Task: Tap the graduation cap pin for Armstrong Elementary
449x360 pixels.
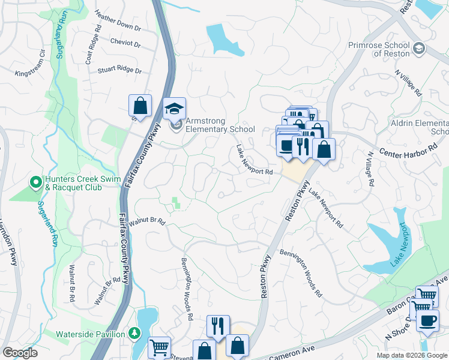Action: pyautogui.click(x=175, y=109)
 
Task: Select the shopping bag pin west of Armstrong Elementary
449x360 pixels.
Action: pyautogui.click(x=140, y=106)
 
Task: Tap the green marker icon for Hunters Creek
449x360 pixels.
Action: pyautogui.click(x=35, y=181)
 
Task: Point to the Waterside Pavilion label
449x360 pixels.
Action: pyautogui.click(x=91, y=334)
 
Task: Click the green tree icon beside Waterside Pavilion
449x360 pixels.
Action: pyautogui.click(x=134, y=334)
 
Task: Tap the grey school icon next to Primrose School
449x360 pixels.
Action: pyautogui.click(x=419, y=48)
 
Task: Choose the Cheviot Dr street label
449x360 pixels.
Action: pyautogui.click(x=125, y=43)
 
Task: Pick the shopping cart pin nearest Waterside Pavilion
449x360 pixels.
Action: pyautogui.click(x=159, y=347)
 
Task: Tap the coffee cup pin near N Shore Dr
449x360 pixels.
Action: pyautogui.click(x=427, y=320)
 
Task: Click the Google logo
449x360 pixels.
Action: pyautogui.click(x=20, y=353)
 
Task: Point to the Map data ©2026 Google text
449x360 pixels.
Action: pyautogui.click(x=411, y=355)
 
